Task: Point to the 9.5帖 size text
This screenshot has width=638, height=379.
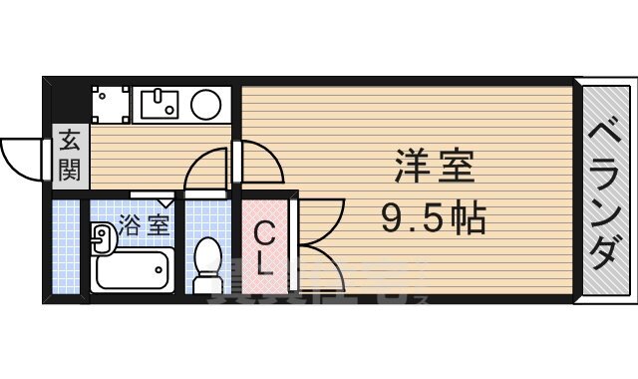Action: coord(433,215)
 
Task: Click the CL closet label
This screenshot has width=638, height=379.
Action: coord(264,249)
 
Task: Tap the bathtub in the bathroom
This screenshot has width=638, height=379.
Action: coord(133,268)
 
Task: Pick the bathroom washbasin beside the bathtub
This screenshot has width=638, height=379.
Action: coord(102,237)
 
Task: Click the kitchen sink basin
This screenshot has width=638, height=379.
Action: coord(159,104)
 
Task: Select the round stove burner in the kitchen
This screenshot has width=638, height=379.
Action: coord(206,104)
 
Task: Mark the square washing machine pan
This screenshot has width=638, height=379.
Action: coord(111,104)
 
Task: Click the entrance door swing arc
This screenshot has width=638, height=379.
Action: coord(22,158)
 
